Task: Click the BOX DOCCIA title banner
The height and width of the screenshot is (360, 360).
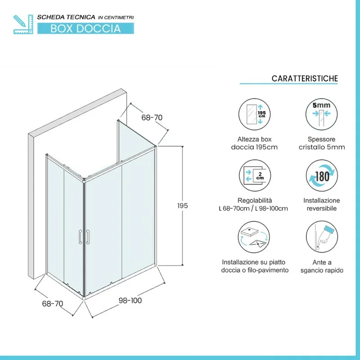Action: (x=85, y=28)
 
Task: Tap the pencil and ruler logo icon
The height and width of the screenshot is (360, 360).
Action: (x=23, y=24)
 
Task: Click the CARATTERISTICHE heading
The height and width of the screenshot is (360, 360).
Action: (x=305, y=78)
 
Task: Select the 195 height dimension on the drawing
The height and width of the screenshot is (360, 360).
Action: (x=183, y=206)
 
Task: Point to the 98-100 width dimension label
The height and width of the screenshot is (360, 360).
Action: (x=130, y=300)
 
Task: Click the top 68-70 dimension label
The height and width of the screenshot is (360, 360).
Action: (x=152, y=117)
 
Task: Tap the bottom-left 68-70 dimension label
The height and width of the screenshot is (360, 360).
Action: (x=53, y=303)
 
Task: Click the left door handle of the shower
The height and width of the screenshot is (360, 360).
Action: (x=80, y=237)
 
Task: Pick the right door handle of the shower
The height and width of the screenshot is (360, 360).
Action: (x=88, y=237)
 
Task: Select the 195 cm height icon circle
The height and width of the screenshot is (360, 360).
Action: (x=254, y=114)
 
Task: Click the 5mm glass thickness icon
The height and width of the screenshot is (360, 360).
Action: (x=321, y=114)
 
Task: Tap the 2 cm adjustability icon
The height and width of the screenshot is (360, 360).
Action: (x=255, y=175)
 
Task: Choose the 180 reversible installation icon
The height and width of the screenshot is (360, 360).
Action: (x=322, y=175)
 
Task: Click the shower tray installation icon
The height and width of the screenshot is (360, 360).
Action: (x=254, y=237)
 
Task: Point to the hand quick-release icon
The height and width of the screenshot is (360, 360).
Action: (x=322, y=237)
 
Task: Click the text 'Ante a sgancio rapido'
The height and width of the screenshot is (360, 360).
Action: (x=322, y=266)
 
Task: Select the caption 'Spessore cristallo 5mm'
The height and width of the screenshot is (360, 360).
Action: (x=322, y=143)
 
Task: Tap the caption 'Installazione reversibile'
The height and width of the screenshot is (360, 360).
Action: (x=322, y=204)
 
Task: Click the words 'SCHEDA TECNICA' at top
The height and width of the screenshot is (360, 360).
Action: (x=66, y=17)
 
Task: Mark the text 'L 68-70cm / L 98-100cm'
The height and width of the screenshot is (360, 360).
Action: (x=253, y=208)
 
